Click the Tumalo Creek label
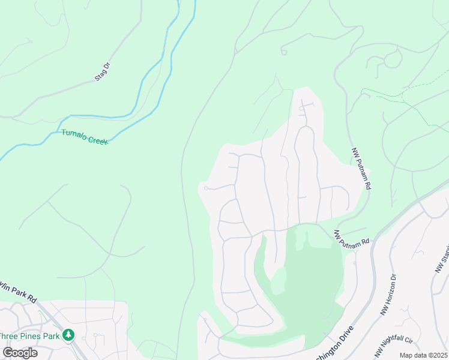tap(85, 136)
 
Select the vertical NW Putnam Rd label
tap(360, 170)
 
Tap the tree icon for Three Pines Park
tap(70, 335)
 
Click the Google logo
tap(19, 353)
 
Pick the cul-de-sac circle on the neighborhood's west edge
tap(206, 188)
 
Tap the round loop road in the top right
tap(393, 58)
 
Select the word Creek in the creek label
tap(97, 139)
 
